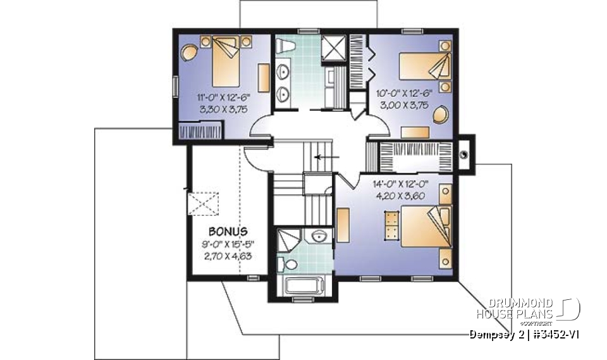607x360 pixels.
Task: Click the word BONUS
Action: click(228, 232)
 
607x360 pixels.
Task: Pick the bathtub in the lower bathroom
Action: click(303, 284)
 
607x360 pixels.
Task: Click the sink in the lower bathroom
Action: click(319, 237)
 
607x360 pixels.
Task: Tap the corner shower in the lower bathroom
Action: click(288, 241)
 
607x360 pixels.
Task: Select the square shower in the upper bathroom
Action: click(332, 47)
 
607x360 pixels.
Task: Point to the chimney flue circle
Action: click(464, 152)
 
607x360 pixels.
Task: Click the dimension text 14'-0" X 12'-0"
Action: click(400, 185)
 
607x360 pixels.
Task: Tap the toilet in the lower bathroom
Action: click(292, 263)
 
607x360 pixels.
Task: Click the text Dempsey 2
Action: click(493, 333)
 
